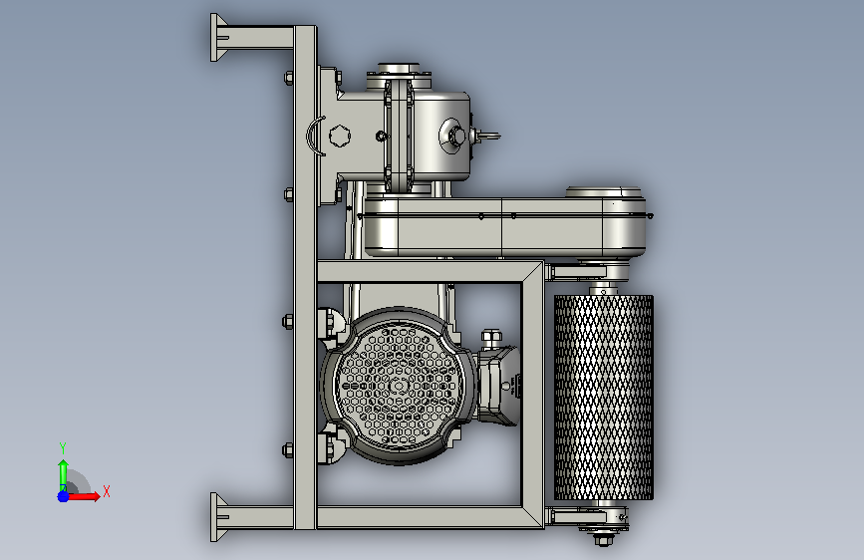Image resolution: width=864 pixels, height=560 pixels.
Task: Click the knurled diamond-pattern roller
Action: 603,398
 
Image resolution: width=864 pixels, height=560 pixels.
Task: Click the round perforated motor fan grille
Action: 398,386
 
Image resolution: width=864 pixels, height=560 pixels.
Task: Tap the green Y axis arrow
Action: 63,475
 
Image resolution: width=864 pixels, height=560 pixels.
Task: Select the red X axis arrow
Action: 83,496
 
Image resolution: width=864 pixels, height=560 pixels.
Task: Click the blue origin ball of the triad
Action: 63,496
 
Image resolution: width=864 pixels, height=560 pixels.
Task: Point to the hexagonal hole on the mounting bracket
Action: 340,136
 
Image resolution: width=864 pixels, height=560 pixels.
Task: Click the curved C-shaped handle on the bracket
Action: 314,136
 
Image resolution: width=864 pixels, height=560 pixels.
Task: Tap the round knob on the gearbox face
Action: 456,136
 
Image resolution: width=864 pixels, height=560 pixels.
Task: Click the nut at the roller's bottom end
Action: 603,539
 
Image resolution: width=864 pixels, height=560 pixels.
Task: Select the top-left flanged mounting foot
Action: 219,38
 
